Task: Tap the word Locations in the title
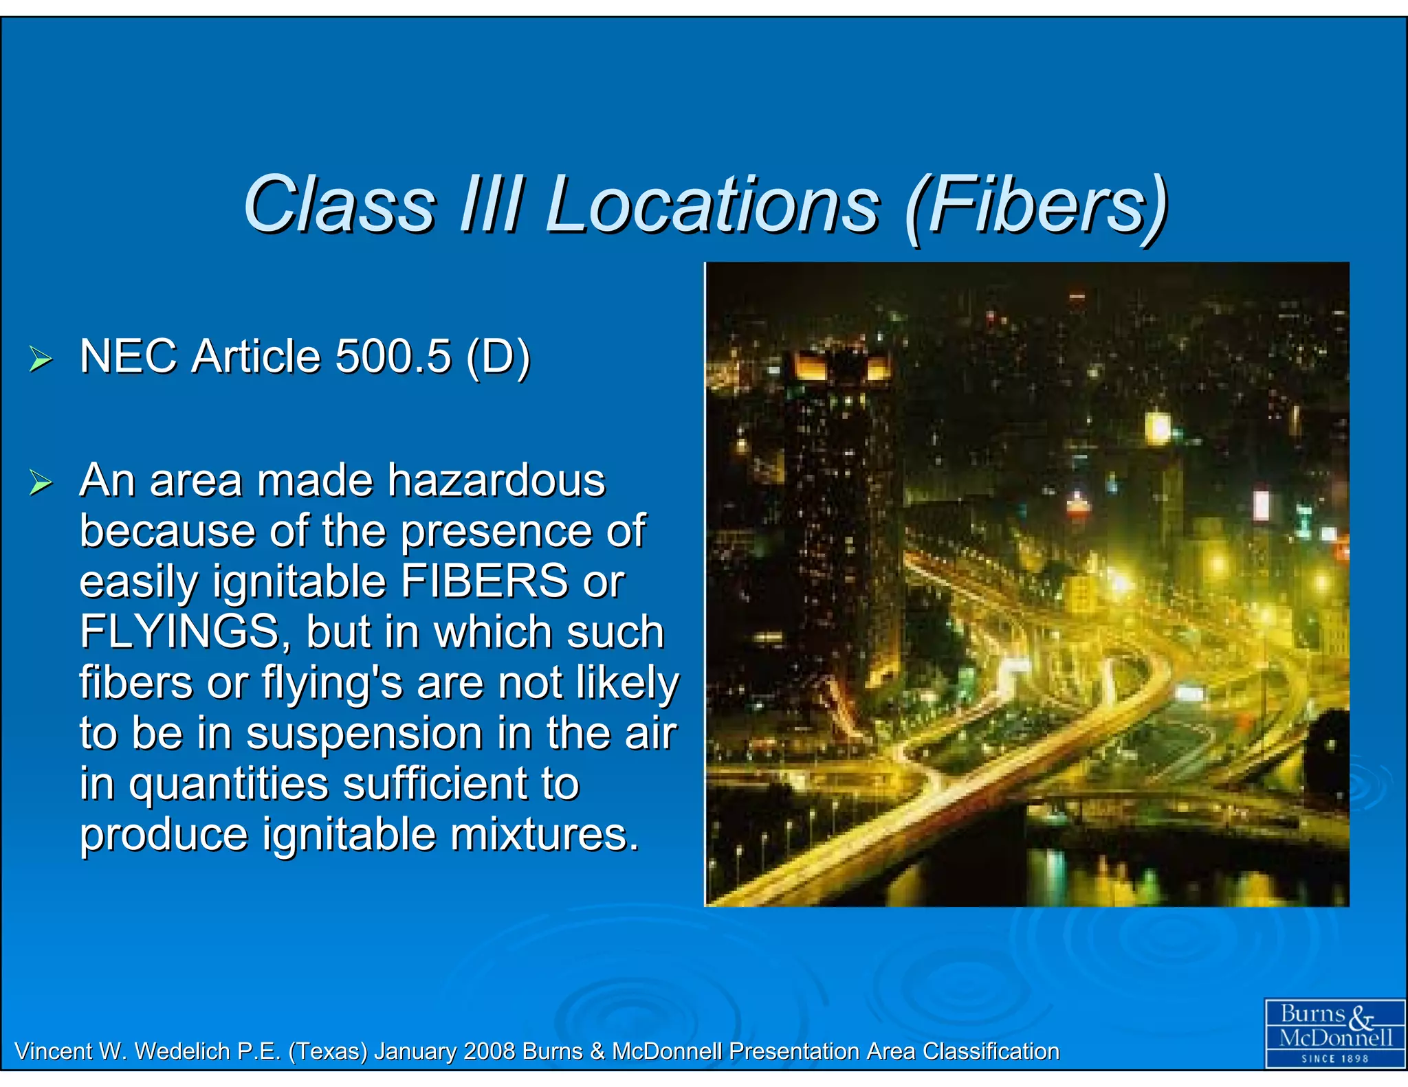tap(712, 205)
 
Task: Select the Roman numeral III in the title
tap(490, 205)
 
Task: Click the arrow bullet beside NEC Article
tap(41, 359)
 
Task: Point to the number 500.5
tap(393, 357)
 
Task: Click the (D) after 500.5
tap(498, 357)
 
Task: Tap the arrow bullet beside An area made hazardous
tap(41, 482)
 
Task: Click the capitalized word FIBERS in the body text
tap(484, 581)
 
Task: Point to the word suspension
tap(364, 733)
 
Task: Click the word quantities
tap(230, 785)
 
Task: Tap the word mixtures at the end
tap(544, 835)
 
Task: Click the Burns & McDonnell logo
tap(1334, 1033)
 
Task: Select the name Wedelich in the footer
tap(182, 1051)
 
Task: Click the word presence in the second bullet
tap(496, 532)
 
